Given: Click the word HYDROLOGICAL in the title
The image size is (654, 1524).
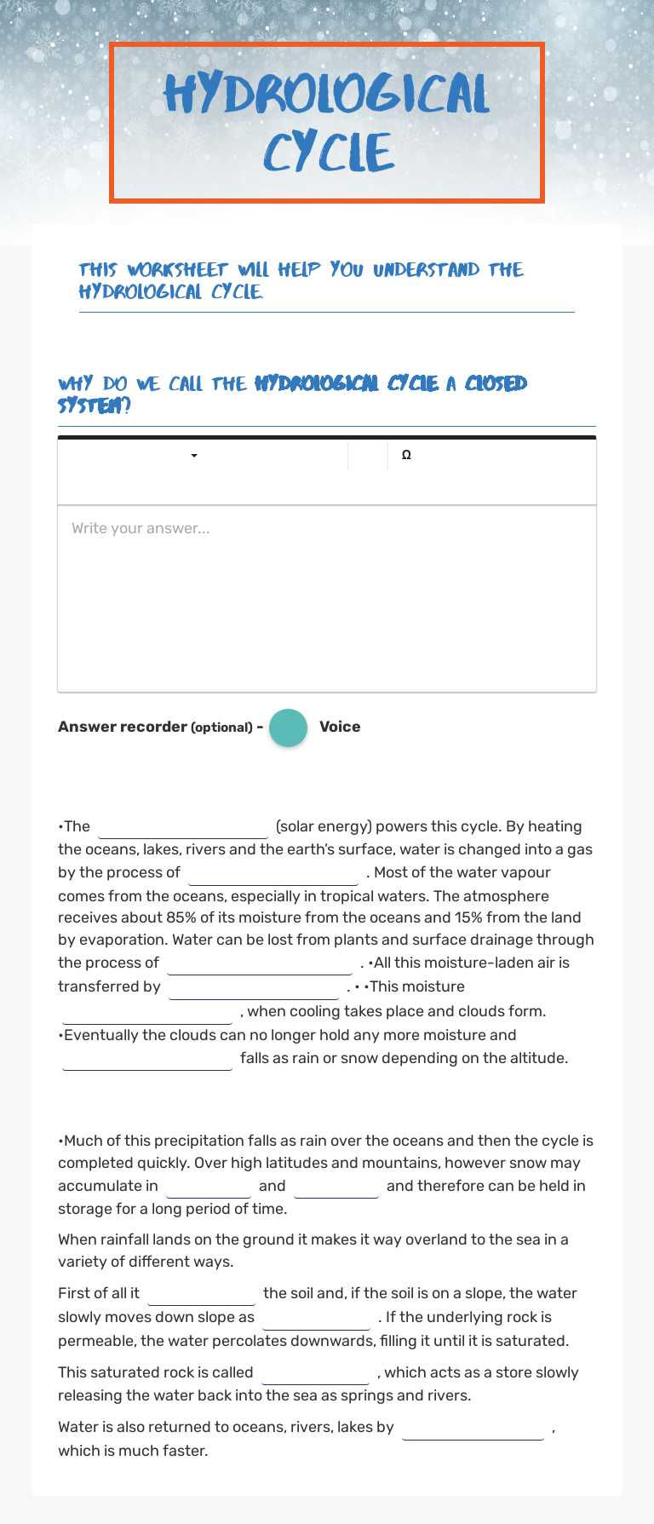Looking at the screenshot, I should [326, 94].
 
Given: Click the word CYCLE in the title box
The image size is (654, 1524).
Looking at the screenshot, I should [328, 153].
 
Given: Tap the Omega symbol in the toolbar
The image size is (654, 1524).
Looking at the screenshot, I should [406, 455].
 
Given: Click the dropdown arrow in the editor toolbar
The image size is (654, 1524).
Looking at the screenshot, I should [194, 456].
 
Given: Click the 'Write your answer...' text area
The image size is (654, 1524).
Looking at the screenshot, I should [326, 596].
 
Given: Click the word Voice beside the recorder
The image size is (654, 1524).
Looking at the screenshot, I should [340, 727].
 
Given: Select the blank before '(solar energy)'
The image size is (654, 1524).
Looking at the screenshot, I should [183, 827].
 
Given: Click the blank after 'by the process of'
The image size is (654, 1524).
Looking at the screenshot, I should [273, 873].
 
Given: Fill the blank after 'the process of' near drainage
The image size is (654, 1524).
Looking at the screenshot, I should [260, 963].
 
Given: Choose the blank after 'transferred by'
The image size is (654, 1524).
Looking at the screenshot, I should [254, 987].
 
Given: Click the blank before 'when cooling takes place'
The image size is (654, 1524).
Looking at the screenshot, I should [147, 1012].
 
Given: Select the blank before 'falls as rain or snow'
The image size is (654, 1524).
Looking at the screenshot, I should [147, 1059].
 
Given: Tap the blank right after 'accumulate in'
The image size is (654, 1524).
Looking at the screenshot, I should [209, 1187].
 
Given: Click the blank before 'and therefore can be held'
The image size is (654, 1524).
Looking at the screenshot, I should [336, 1187].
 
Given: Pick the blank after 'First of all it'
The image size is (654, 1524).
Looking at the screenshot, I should [202, 1294].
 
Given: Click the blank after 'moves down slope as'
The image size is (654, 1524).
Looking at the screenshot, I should [316, 1318].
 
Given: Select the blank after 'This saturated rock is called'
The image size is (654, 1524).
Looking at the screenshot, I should [316, 1373].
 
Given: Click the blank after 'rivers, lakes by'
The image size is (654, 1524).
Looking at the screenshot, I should [473, 1428].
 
